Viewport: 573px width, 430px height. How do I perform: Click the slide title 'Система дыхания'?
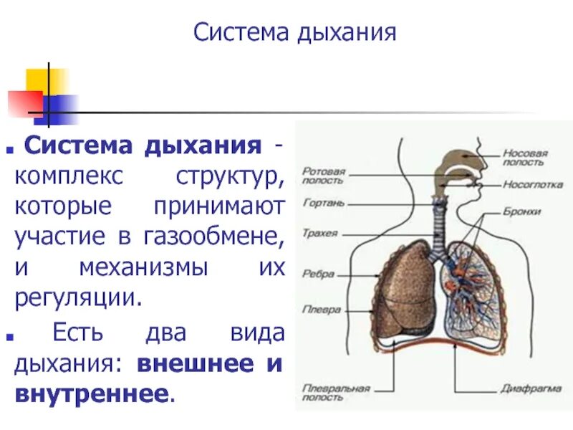point(295,34)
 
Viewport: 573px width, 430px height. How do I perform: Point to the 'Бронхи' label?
point(521,212)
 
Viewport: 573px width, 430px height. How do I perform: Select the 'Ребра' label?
point(316,274)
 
